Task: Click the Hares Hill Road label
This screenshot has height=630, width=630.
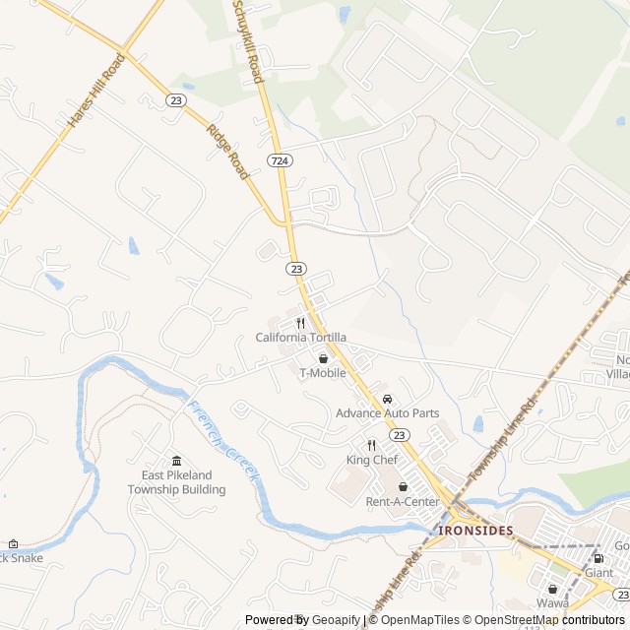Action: pos(96,90)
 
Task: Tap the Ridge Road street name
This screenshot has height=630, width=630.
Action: pos(227,151)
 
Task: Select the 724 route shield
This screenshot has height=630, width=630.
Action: pos(279,159)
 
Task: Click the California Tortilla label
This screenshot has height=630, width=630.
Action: pos(301,338)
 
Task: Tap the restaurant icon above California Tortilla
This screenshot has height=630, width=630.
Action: pos(301,322)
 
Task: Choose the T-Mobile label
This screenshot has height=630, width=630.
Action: pos(323,373)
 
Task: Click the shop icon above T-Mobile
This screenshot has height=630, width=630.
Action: pos(323,358)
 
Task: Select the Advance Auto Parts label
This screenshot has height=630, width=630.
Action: pos(388,413)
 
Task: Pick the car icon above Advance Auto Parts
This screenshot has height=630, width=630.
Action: pos(388,399)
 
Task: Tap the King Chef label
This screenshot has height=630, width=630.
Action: pos(372,460)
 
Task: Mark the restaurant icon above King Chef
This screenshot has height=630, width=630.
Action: pos(372,445)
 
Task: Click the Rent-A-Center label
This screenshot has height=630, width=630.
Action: pos(403,502)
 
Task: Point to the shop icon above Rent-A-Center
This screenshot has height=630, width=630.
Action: pos(403,487)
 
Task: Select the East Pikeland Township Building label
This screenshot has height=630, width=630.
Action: pos(177,482)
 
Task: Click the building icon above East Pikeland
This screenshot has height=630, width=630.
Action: pos(177,461)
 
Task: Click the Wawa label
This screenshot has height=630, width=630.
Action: pos(552,602)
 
